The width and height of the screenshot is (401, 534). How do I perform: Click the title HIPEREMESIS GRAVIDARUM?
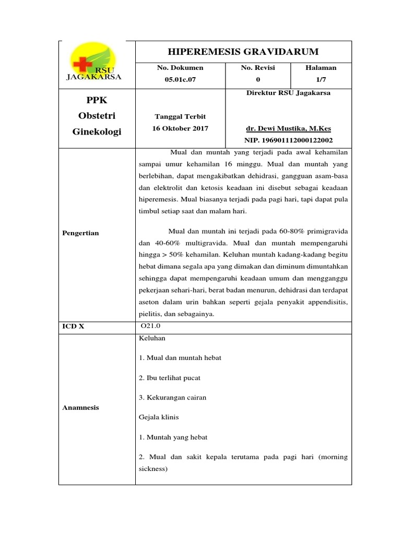click(x=243, y=51)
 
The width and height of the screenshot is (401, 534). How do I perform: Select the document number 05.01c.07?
click(x=180, y=79)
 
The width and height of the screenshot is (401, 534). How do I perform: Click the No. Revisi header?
click(x=257, y=68)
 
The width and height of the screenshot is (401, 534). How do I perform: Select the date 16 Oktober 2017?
click(x=180, y=128)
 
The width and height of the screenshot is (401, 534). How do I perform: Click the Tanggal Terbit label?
click(x=180, y=116)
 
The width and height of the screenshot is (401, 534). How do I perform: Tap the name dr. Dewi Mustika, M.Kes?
click(x=288, y=128)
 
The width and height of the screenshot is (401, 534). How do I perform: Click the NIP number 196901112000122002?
click(x=288, y=140)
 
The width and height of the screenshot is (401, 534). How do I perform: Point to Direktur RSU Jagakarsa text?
click(x=288, y=93)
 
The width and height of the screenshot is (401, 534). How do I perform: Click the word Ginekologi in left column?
click(x=97, y=132)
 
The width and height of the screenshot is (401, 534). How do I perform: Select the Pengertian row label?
click(x=80, y=233)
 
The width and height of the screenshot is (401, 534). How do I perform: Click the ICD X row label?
click(x=73, y=327)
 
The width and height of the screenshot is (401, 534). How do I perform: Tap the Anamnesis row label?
click(x=81, y=408)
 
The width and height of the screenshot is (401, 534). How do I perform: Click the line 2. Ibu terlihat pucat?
click(x=170, y=378)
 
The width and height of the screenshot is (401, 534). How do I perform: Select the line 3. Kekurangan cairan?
click(x=172, y=397)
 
